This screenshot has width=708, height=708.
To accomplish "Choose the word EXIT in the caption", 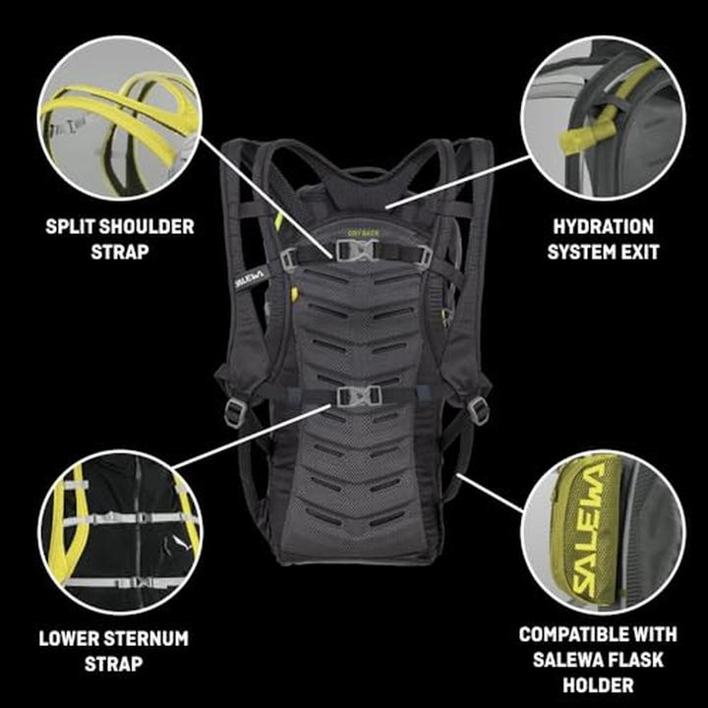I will [637, 252].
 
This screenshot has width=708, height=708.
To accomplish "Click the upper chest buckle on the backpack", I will [361, 252].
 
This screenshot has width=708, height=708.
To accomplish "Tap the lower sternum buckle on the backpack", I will [358, 395].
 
